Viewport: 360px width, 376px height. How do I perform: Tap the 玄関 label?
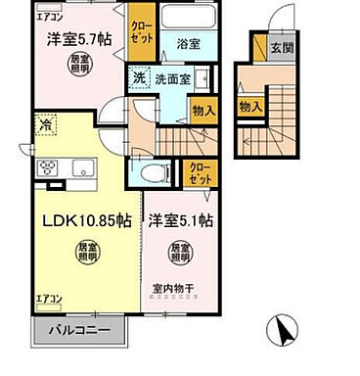pyautogui.click(x=282, y=48)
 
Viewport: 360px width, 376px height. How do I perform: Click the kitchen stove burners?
pyautogui.click(x=48, y=165)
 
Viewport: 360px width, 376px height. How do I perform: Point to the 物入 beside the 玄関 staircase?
pyautogui.click(x=250, y=105)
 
